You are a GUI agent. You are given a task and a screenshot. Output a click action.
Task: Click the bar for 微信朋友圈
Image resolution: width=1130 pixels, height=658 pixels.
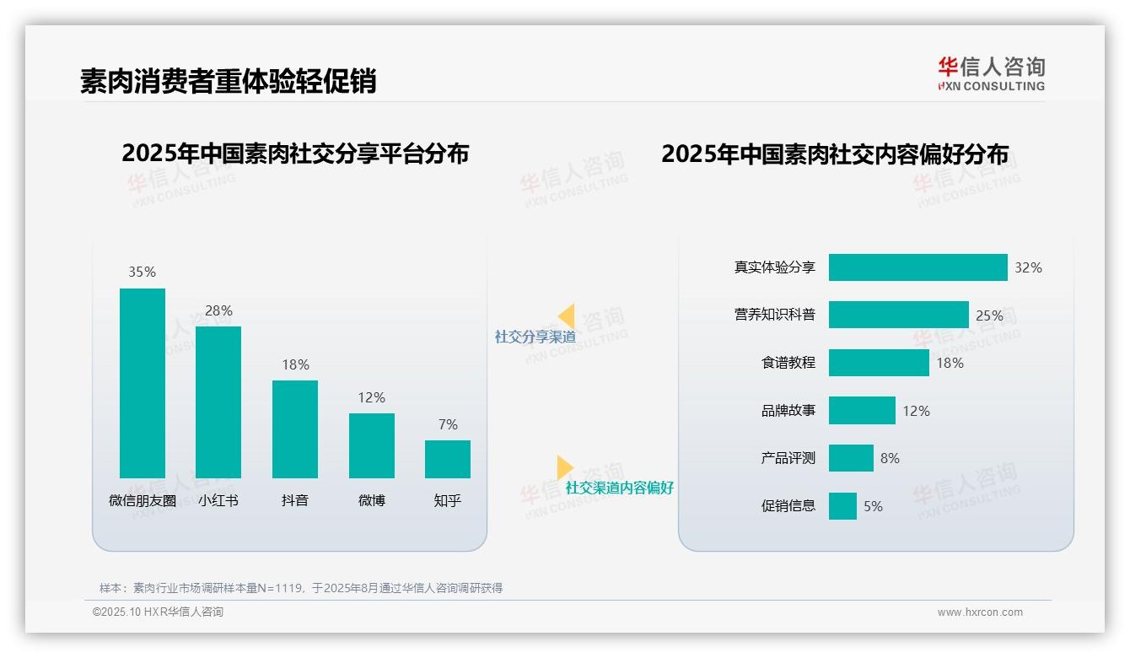143,383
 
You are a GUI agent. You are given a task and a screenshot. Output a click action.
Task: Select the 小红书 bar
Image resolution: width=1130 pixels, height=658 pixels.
218,402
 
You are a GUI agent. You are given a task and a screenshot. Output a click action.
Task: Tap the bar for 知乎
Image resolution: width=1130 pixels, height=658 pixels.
448,459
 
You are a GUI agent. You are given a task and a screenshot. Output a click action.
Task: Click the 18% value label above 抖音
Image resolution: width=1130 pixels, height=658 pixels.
295,364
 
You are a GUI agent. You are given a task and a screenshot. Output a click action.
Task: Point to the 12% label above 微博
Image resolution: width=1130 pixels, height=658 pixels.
371,397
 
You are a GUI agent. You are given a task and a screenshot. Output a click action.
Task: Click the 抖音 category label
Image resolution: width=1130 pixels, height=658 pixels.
295,500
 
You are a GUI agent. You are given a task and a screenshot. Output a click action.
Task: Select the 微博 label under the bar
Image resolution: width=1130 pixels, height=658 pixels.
371,500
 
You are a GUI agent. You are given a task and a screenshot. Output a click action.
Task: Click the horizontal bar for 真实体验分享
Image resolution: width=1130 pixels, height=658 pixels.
917,267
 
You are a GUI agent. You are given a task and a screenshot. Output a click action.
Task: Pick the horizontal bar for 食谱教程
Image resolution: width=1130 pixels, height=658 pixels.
879,363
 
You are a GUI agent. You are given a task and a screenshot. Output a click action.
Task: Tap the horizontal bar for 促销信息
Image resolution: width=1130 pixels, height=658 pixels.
842,506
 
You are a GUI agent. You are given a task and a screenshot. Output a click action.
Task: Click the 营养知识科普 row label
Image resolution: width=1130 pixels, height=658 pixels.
774,315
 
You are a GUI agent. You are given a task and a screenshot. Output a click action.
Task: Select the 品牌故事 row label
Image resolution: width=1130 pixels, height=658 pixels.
788,411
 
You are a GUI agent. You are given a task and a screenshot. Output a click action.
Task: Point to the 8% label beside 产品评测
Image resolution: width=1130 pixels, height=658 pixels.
890,458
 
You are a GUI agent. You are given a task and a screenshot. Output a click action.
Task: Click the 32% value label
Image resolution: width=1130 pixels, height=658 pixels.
1028,267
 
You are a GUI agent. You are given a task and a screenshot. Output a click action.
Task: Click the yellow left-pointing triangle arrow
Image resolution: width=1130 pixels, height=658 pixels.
567,316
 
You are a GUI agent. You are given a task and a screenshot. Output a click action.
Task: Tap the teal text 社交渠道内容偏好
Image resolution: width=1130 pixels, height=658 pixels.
619,488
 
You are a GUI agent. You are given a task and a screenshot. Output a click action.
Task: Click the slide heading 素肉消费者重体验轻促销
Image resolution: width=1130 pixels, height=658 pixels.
228,81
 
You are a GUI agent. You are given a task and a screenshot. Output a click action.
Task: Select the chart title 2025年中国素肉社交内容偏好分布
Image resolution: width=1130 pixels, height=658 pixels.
834,154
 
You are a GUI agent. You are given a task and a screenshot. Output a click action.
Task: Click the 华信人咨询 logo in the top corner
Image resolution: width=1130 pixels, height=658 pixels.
991,73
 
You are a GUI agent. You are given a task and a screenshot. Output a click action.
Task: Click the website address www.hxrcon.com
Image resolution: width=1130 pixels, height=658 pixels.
979,612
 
